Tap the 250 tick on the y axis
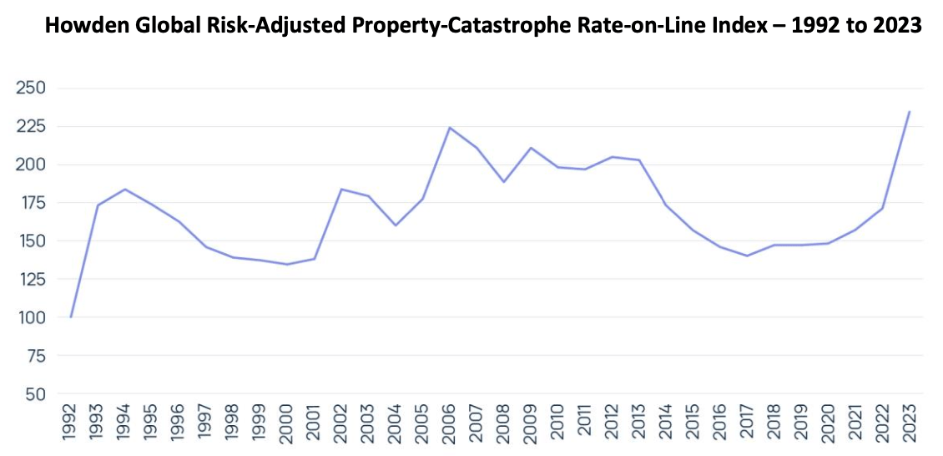point(30,88)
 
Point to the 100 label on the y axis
point(30,317)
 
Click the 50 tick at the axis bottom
point(33,393)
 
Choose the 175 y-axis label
point(30,203)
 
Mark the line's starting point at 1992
point(71,317)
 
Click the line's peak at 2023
point(909,111)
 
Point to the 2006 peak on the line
point(450,128)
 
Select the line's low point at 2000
point(287,264)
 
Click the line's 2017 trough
point(747,256)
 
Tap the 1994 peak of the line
point(125,189)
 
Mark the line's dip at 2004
point(396,225)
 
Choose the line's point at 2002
point(341,189)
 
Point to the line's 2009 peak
point(531,148)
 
